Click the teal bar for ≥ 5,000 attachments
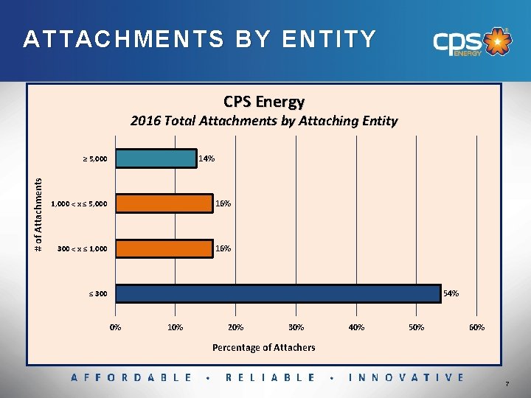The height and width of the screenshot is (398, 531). point(156,158)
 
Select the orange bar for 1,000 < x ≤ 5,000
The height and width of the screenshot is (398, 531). point(164,203)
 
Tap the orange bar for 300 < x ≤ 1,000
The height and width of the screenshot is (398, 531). point(164,248)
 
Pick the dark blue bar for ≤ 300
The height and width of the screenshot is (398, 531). point(278,293)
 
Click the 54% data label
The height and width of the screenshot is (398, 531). point(451,293)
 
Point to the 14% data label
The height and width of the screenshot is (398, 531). point(206,158)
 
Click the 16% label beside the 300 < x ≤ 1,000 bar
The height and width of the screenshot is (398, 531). point(223,248)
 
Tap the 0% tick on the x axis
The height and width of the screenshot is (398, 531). point(116,327)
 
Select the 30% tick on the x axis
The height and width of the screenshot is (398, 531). point(296,327)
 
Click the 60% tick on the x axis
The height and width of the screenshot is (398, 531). point(476,327)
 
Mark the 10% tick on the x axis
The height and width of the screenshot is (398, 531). point(176,327)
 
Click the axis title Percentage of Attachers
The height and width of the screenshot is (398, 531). point(263,347)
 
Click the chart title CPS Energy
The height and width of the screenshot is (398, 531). point(264,101)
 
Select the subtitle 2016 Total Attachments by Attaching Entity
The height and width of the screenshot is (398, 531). point(264,121)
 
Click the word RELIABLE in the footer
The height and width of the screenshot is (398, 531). point(270,377)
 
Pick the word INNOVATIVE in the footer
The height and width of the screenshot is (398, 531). point(407,377)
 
